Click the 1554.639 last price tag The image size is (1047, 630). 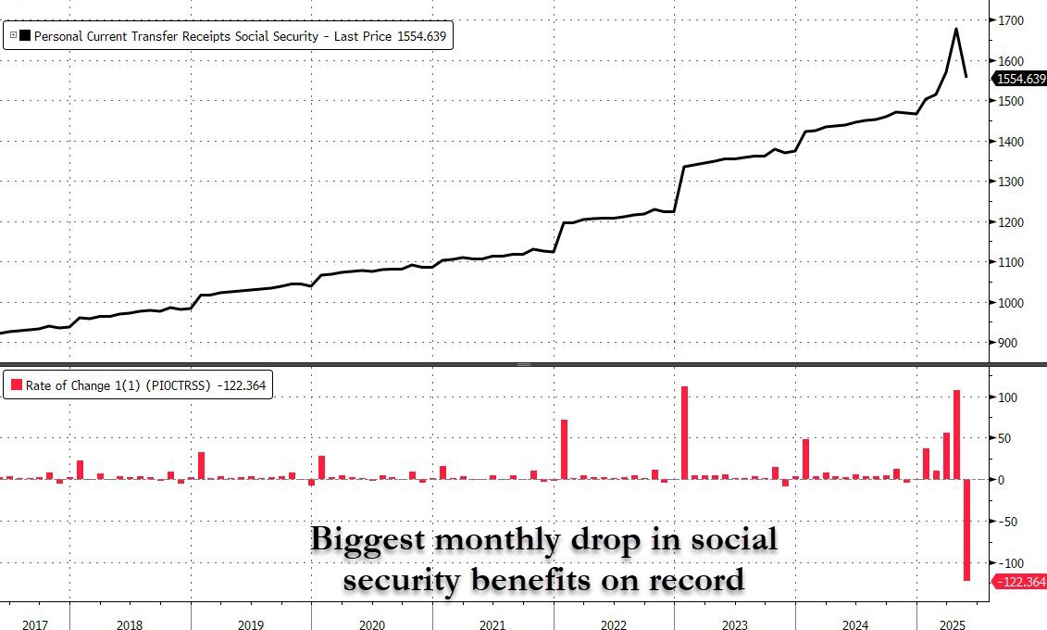pyautogui.click(x=1021, y=80)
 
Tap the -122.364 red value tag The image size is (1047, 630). pyautogui.click(x=1019, y=581)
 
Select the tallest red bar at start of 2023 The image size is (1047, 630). pyautogui.click(x=685, y=433)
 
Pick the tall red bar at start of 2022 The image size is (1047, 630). pyautogui.click(x=564, y=449)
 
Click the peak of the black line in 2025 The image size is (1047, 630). pyautogui.click(x=956, y=30)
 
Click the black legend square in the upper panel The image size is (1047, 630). pyautogui.click(x=24, y=36)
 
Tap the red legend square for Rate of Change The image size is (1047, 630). pyautogui.click(x=17, y=385)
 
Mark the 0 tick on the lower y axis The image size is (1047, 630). pyautogui.click(x=1001, y=480)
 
